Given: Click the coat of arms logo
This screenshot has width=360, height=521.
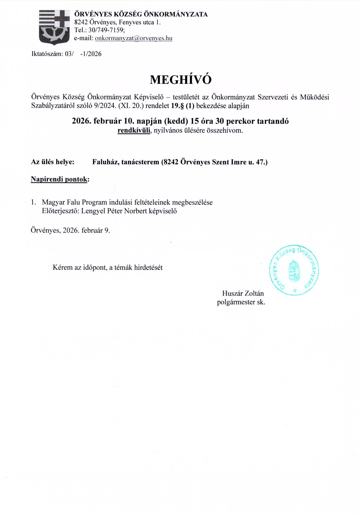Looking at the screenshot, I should pos(54,27).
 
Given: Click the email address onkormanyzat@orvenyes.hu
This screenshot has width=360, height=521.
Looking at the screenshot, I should pos(133,38).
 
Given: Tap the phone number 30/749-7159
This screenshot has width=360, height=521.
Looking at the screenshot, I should pos(106,30).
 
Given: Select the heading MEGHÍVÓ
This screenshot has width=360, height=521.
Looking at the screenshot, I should pos(181,80).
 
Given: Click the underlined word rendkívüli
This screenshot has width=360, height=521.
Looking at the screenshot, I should pos(134,131).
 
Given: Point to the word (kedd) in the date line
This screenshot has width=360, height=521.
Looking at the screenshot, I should pos(176,121).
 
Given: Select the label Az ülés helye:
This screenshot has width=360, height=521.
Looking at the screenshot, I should pos(53,162).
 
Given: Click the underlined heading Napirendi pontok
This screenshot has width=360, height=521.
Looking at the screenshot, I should pos(59,179).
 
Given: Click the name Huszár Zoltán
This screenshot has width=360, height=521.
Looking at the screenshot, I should pos(243,293).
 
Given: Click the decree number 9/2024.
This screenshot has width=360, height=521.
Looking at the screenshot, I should pos(105,106).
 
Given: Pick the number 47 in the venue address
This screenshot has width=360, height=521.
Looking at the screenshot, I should pos(259,162).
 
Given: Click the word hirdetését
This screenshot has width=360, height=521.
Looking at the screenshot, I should pos(148,268).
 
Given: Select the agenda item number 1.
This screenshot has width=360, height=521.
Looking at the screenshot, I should pos(33,202).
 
